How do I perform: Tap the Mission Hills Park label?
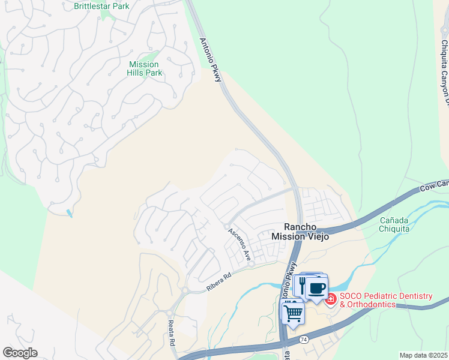[x=145, y=68]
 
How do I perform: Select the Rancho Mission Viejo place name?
[x=300, y=231]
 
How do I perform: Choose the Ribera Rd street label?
[x=218, y=282]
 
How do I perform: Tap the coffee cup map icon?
[x=316, y=287]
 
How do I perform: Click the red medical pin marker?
[x=331, y=298]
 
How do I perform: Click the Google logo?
[x=20, y=353]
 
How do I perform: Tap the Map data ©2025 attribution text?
[x=424, y=355]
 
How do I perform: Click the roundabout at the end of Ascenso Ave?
[x=252, y=263]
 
